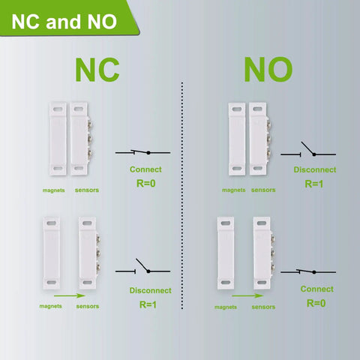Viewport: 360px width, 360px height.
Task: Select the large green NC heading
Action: [97, 69]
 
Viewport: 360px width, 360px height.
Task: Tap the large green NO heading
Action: [268, 69]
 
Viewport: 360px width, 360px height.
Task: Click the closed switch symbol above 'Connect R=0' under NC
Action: [142, 152]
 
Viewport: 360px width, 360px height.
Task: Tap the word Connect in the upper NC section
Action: [145, 169]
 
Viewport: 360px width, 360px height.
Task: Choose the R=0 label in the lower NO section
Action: [316, 303]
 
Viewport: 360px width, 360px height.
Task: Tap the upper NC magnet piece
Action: [56, 139]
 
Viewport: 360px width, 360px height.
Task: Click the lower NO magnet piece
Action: [226, 253]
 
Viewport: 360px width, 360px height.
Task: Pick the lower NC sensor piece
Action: [88, 253]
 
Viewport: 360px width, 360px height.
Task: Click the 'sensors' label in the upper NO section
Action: [263, 190]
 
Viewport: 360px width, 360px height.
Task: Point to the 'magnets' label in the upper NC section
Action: [53, 190]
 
